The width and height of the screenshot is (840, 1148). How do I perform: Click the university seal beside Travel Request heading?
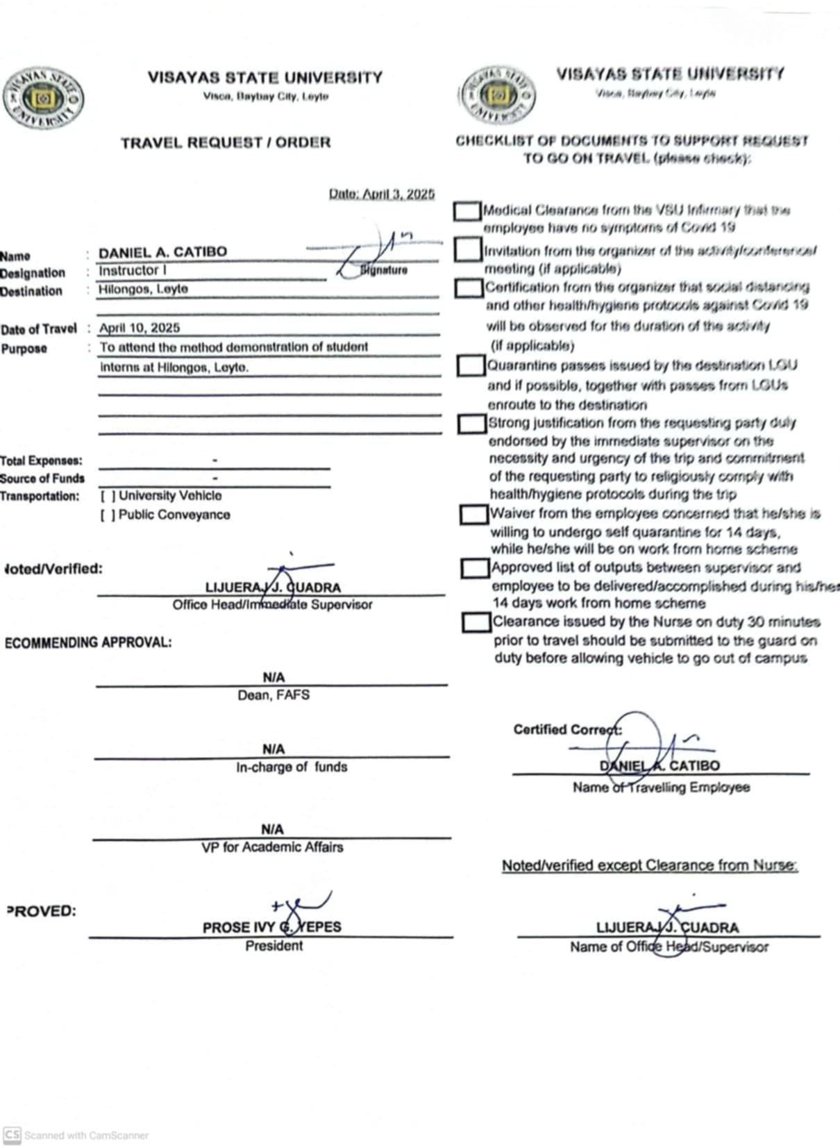click(x=43, y=98)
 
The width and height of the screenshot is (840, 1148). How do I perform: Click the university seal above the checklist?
click(x=498, y=95)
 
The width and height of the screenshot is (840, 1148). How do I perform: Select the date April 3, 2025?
click(x=381, y=194)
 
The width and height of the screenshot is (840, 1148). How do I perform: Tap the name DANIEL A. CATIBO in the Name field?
click(x=162, y=252)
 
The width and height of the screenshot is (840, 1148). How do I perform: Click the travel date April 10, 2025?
click(x=139, y=328)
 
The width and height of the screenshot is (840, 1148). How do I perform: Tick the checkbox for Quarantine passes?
click(x=471, y=366)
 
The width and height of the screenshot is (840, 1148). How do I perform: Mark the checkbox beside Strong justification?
click(x=472, y=424)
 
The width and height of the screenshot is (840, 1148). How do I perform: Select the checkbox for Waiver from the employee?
click(x=474, y=515)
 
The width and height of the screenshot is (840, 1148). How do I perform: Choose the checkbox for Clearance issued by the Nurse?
click(x=476, y=622)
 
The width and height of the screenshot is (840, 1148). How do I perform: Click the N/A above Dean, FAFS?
click(x=274, y=677)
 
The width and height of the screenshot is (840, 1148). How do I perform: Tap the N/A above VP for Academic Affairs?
click(x=272, y=829)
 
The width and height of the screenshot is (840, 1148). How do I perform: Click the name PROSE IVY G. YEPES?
click(x=271, y=927)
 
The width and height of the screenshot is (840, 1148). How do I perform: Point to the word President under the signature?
click(x=274, y=946)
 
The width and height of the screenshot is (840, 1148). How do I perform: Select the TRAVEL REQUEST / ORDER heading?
click(x=226, y=143)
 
